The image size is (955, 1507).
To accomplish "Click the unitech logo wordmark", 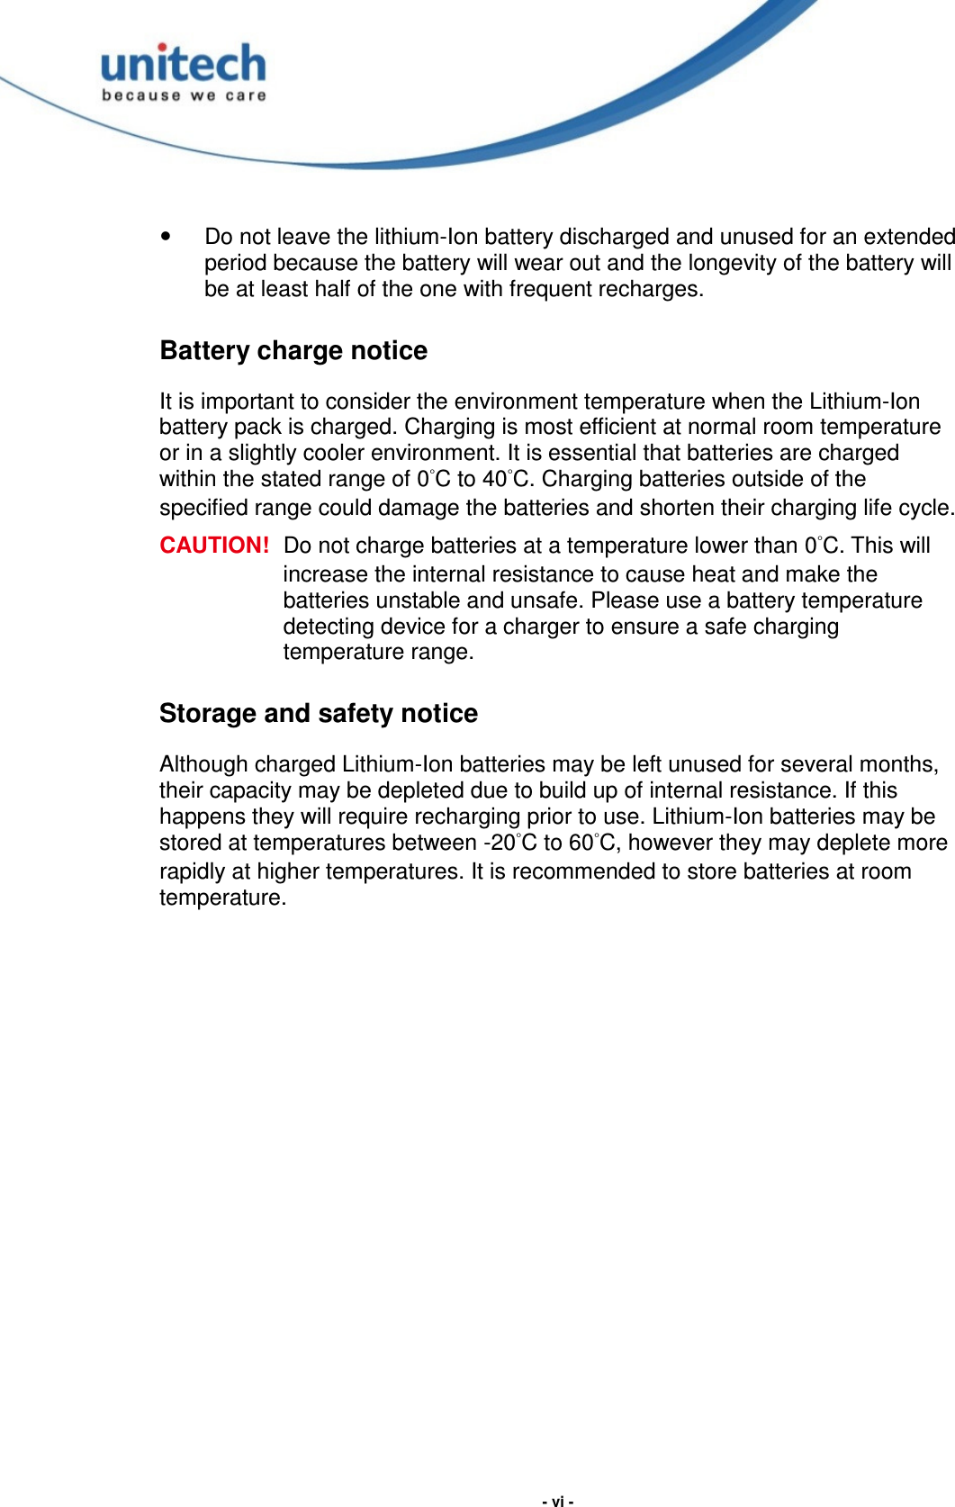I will click(184, 65).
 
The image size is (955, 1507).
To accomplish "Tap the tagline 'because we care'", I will click(184, 95).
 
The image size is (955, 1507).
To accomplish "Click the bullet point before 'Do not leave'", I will click(165, 237).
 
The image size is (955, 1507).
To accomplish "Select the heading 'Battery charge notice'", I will click(293, 350).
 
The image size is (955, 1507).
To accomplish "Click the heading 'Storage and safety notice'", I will click(319, 713).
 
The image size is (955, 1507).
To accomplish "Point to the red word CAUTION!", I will click(214, 546).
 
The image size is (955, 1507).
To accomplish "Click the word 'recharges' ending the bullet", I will click(657, 289).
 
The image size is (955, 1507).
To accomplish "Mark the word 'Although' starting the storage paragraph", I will click(203, 764).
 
